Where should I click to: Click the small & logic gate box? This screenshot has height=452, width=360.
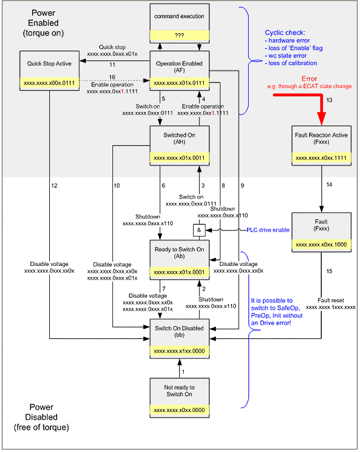[x=198, y=229]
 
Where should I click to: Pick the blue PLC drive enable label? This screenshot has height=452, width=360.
[x=268, y=229]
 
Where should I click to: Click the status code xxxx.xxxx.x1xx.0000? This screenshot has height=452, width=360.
[x=179, y=351]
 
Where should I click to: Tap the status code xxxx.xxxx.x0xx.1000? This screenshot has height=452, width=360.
[x=321, y=244]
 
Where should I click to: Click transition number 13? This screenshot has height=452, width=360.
[x=329, y=100]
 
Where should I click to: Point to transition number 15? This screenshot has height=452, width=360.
[x=329, y=271]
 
